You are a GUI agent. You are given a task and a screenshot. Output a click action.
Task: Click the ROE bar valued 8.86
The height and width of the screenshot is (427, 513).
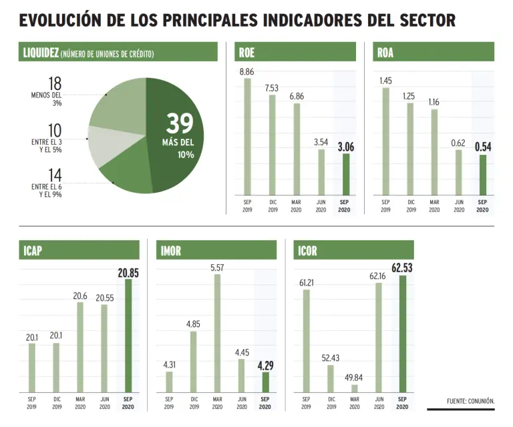247,136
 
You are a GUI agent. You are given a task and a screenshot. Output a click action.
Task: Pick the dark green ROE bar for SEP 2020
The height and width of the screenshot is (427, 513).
345,174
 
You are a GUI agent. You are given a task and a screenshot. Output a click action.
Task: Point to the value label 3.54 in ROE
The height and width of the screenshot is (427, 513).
321,141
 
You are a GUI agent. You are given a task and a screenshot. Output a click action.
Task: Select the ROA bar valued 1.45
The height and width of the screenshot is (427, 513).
385,141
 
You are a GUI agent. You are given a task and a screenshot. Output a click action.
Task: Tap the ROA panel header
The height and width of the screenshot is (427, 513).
434,52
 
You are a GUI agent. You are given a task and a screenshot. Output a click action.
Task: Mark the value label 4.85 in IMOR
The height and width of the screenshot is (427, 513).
193,324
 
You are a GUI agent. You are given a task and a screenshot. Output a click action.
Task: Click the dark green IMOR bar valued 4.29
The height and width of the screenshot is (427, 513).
265,381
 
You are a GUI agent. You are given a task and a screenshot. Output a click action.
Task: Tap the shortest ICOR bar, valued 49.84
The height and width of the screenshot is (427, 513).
354,387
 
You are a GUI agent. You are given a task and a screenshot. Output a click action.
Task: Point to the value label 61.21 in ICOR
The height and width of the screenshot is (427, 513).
307,282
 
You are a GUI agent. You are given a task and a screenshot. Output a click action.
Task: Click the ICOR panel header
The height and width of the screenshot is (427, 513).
353,250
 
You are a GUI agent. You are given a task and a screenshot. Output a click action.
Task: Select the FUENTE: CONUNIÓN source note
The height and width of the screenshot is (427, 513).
470,401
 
